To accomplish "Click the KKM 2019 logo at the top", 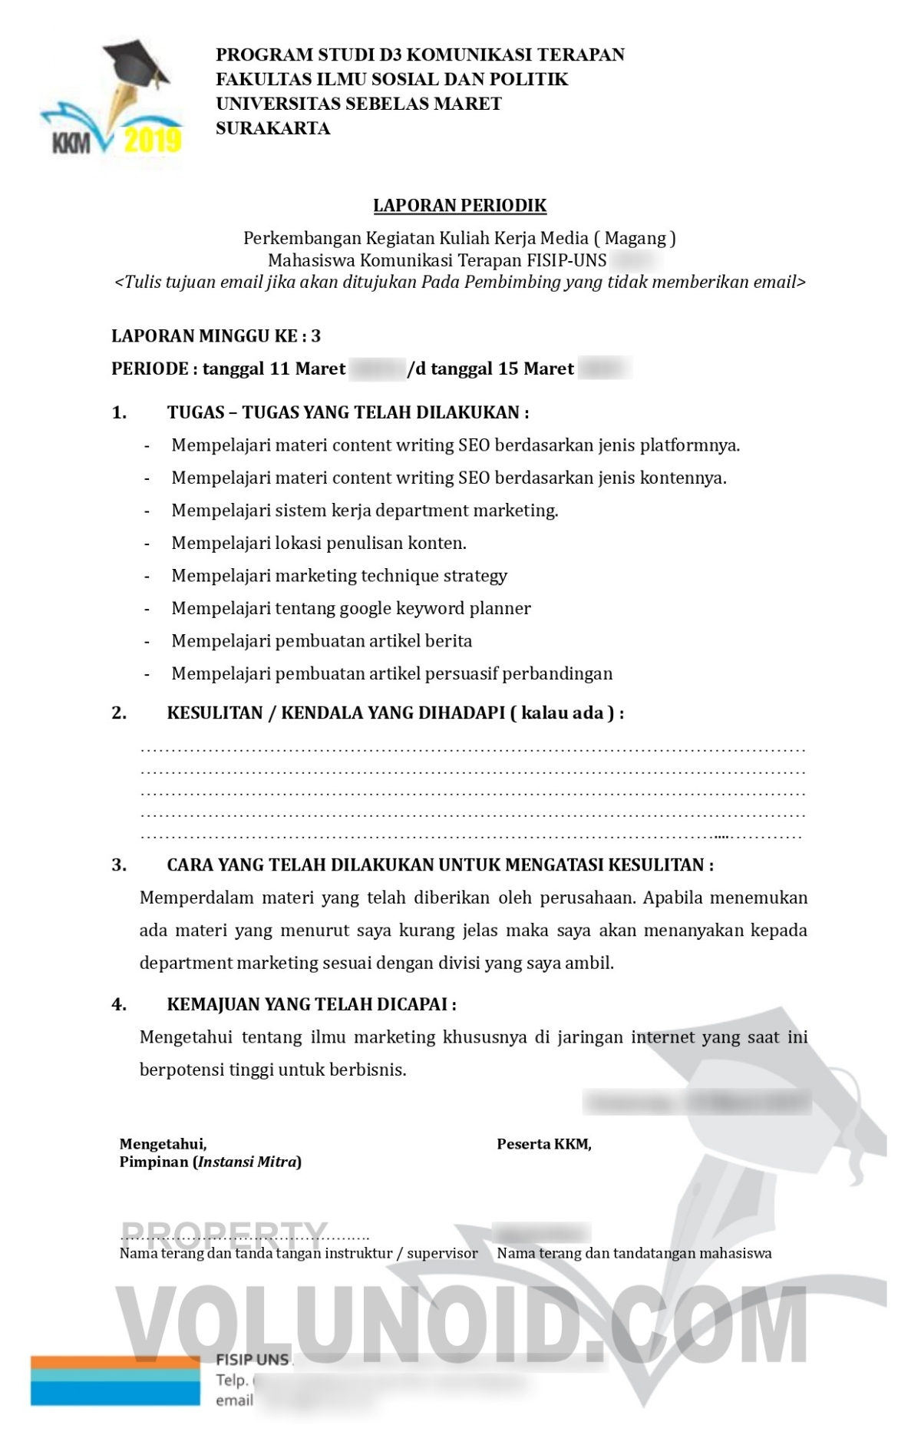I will pyautogui.click(x=112, y=100).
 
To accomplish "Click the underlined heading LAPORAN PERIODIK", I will pyautogui.click(x=460, y=206).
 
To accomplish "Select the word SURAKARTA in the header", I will pyautogui.click(x=272, y=128).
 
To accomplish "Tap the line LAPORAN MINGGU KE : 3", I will pyautogui.click(x=216, y=336).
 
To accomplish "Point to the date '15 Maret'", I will pyautogui.click(x=536, y=369).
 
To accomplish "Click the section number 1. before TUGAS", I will pyautogui.click(x=119, y=412).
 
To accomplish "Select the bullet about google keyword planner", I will pyautogui.click(x=351, y=608).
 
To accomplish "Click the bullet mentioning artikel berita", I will pyautogui.click(x=322, y=641).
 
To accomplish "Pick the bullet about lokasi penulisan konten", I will pyautogui.click(x=319, y=543).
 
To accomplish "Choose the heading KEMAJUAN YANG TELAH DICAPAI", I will pyautogui.click(x=311, y=1004).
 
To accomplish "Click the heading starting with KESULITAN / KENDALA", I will pyautogui.click(x=394, y=713).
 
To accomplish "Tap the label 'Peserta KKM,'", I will pyautogui.click(x=544, y=1144).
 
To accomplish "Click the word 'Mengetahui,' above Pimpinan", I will pyautogui.click(x=163, y=1144).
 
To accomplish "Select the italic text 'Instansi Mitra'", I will pyautogui.click(x=247, y=1162).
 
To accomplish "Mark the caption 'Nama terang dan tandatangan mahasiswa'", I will pyautogui.click(x=634, y=1253).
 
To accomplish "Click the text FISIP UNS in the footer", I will pyautogui.click(x=252, y=1359).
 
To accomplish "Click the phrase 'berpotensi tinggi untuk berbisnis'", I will pyautogui.click(x=272, y=1070).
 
